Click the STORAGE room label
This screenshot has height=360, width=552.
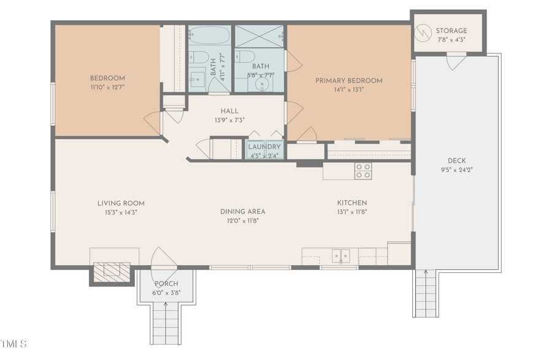click(451, 31)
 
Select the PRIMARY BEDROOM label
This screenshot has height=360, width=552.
click(348, 80)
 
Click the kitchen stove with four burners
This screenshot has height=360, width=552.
click(362, 170)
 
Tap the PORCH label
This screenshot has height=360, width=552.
click(166, 284)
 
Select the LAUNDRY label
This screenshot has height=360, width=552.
click(264, 147)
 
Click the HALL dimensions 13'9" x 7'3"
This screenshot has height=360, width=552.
click(229, 120)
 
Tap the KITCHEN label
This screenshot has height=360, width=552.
click(352, 203)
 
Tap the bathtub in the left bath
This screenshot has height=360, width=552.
click(209, 37)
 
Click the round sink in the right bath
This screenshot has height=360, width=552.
click(266, 84)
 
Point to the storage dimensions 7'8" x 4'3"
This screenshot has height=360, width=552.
click(451, 40)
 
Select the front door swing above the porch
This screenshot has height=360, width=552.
click(164, 258)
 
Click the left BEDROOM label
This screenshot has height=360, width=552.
click(107, 78)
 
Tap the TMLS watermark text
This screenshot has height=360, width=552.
click(14, 343)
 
